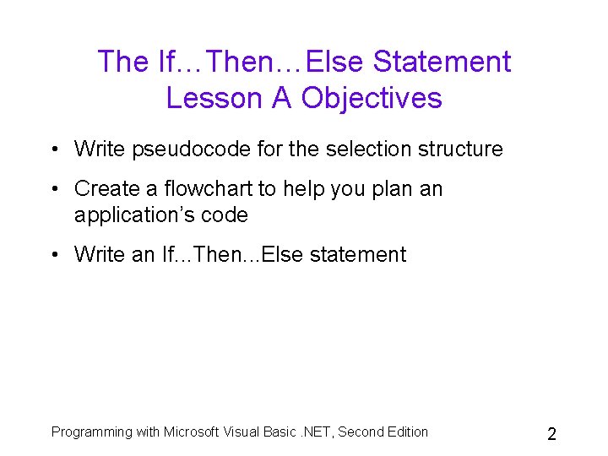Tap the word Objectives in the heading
(x=372, y=98)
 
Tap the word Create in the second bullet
(x=106, y=188)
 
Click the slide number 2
(x=551, y=435)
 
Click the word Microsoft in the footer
(x=192, y=432)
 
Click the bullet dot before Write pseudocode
(x=53, y=150)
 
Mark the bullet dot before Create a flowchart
(x=53, y=189)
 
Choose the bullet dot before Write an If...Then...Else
(x=53, y=255)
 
